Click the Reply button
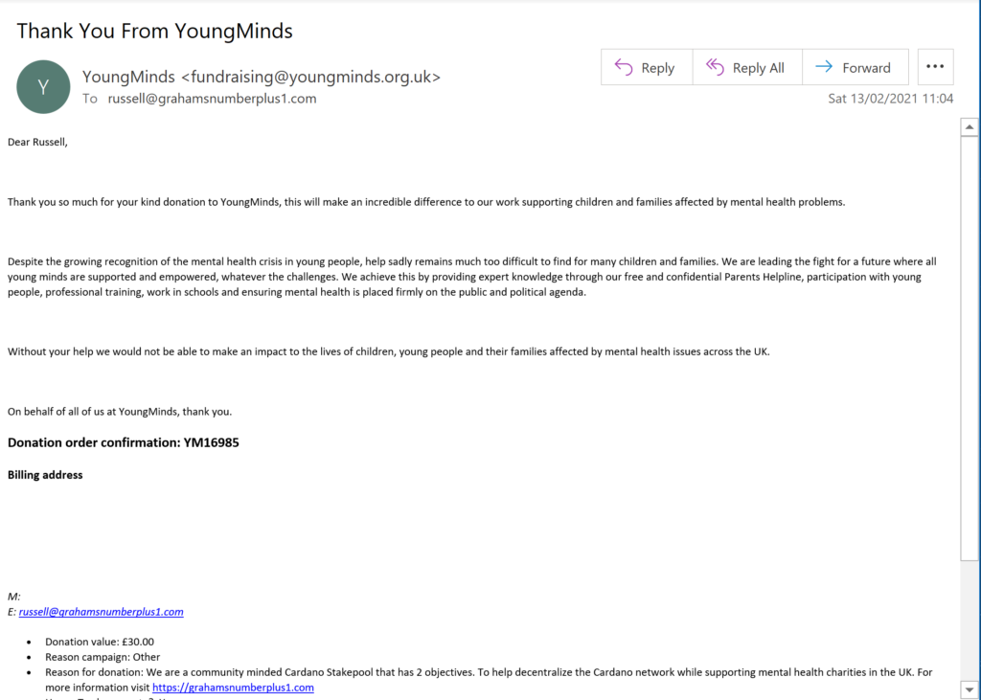pos(646,68)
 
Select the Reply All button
pos(746,68)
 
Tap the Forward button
pos(855,68)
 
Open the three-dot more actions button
pos(935,68)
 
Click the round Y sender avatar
pos(43,86)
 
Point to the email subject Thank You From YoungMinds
pos(154,31)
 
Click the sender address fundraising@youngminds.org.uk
pos(310,77)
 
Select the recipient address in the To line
pos(212,99)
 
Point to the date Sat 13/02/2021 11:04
pos(890,99)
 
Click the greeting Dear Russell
pos(38,143)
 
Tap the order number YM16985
pos(211,442)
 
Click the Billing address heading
pos(45,475)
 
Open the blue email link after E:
pos(101,612)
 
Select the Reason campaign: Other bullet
pos(103,657)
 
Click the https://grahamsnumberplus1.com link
pos(233,688)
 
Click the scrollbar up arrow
pos(970,126)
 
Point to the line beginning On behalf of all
pos(120,412)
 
